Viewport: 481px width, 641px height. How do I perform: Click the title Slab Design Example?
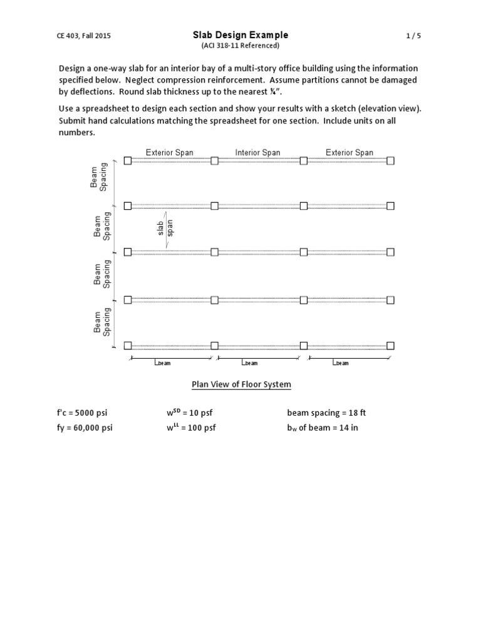240,35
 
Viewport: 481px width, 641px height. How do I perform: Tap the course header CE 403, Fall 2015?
85,36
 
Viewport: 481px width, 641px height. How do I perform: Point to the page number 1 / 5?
412,36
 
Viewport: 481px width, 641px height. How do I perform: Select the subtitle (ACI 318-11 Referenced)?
240,46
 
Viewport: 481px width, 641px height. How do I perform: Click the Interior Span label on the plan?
258,152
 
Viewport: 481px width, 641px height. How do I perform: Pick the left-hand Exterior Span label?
169,152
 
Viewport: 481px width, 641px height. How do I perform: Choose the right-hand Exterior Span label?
349,152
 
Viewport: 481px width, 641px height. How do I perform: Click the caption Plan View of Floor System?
240,384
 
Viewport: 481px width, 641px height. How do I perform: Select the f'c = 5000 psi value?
86,413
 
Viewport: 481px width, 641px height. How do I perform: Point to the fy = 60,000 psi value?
90,428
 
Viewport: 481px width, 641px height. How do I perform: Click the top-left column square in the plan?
128,161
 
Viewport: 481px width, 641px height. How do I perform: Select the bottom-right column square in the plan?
391,346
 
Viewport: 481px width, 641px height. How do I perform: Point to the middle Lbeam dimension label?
249,362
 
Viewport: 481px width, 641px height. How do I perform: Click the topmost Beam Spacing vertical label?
98,176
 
